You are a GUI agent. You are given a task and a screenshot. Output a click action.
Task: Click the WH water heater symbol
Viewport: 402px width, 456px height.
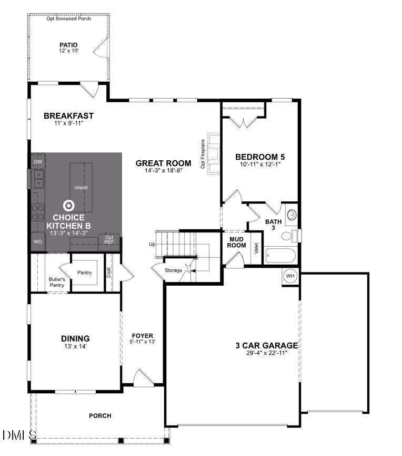pyautogui.click(x=290, y=276)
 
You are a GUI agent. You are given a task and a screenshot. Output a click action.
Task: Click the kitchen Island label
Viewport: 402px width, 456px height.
pyautogui.click(x=81, y=188)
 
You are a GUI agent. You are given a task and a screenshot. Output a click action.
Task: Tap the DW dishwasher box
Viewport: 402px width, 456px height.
pyautogui.click(x=37, y=161)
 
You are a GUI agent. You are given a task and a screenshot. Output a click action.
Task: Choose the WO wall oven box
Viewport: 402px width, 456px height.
pyautogui.click(x=37, y=241)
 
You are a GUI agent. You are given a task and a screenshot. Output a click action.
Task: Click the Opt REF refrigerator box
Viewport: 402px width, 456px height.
pyautogui.click(x=109, y=240)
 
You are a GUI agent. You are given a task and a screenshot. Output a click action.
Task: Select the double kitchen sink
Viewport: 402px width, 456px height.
pyautogui.click(x=38, y=179)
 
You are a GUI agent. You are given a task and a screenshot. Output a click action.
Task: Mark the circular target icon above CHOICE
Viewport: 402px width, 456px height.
pyautogui.click(x=68, y=205)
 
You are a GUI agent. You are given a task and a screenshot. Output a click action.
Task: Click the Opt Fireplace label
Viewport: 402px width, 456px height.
pyautogui.click(x=203, y=153)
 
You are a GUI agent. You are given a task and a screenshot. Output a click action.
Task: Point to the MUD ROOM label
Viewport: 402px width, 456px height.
pyautogui.click(x=237, y=242)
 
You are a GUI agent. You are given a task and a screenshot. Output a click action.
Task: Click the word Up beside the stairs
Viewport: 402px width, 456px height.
pyautogui.click(x=152, y=245)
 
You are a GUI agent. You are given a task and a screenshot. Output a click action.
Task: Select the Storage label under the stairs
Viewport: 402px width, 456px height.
pyautogui.click(x=173, y=270)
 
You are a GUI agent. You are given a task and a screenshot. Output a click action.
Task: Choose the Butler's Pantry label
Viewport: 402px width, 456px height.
pyautogui.click(x=56, y=282)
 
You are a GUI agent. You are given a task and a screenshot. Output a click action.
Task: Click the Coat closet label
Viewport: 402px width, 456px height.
pyautogui.click(x=109, y=273)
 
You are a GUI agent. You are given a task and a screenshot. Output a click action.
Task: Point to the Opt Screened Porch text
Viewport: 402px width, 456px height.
pyautogui.click(x=68, y=18)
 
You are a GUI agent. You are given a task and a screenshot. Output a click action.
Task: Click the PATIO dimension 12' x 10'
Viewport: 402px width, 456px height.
pyautogui.click(x=68, y=51)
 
